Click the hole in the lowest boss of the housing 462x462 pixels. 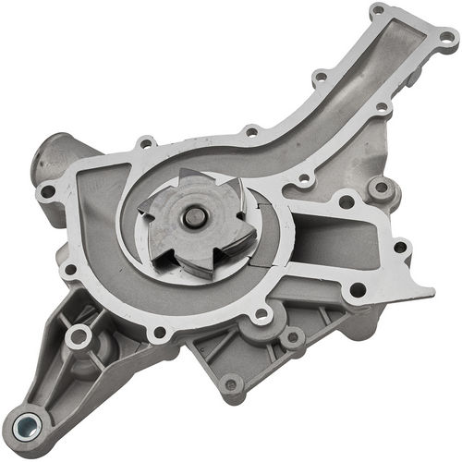(230, 385)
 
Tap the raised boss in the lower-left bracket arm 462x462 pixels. (78, 337)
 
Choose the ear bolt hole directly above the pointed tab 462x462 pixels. (402, 247)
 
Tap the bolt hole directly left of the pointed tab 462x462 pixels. (357, 290)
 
